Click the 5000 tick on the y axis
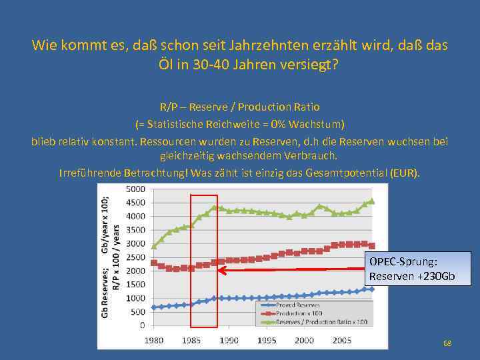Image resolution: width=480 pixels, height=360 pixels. tap(135, 189)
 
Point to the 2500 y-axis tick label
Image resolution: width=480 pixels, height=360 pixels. tap(135, 257)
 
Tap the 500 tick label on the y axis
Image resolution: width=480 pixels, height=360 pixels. tap(138, 312)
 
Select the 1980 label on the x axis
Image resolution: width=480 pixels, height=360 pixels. tap(154, 340)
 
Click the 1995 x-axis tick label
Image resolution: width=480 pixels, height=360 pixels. tap(267, 340)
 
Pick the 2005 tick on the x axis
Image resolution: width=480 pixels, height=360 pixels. tap(342, 340)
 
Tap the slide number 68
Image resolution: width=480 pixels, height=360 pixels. tap(447, 343)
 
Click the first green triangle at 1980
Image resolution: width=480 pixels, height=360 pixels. tap(154, 246)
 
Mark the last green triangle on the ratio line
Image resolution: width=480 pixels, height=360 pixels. tap(372, 200)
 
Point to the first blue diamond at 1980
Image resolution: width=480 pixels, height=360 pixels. tap(154, 307)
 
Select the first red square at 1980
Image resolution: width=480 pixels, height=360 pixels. tap(154, 263)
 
